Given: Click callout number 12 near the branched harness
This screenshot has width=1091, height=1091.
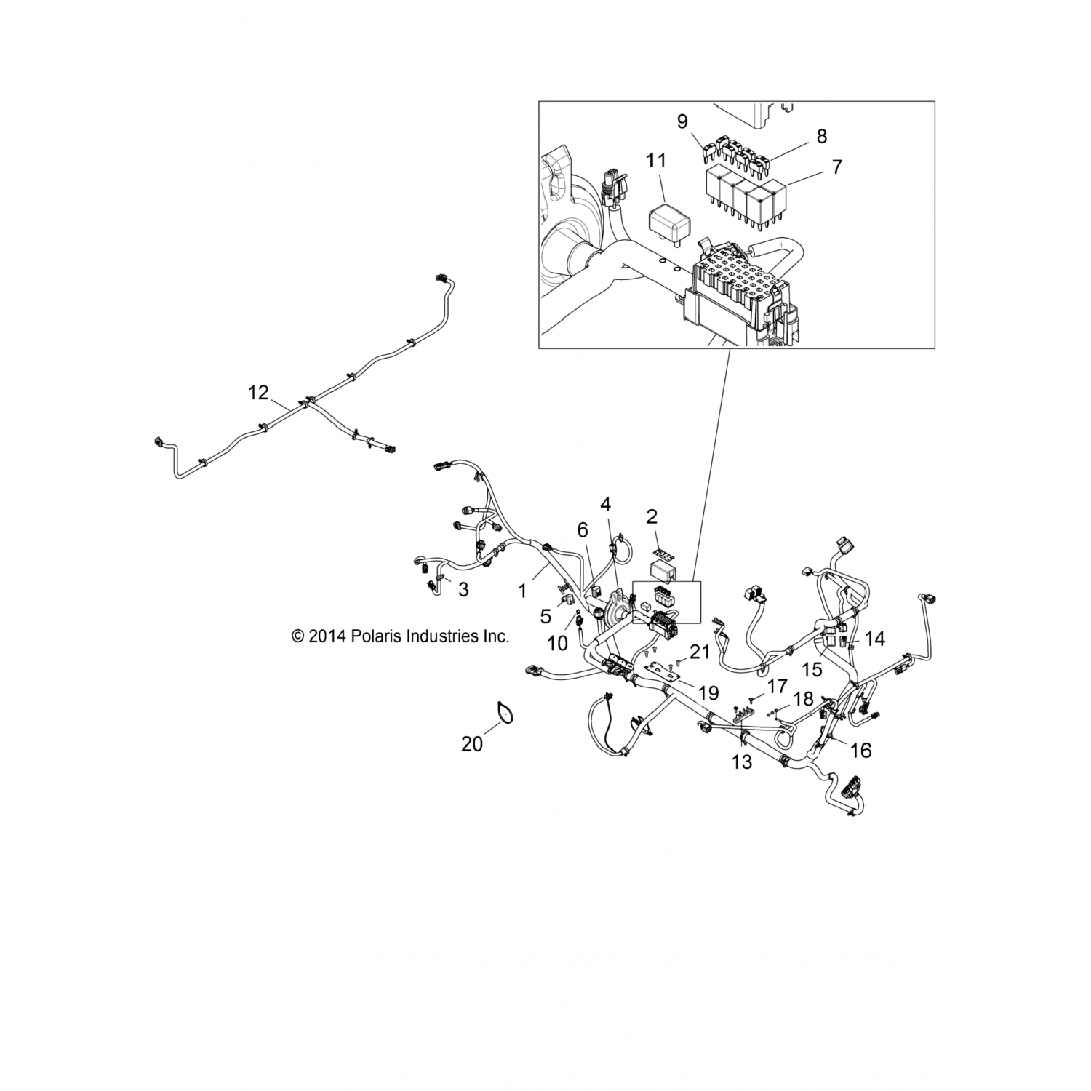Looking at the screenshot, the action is point(258,393).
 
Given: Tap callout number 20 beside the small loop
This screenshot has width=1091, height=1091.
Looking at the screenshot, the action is point(472,744).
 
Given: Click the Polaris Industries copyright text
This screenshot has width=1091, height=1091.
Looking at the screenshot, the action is point(400,636).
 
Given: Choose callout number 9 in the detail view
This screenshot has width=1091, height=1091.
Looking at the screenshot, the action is point(682,121).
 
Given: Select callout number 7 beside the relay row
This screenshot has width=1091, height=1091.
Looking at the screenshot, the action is point(836,167).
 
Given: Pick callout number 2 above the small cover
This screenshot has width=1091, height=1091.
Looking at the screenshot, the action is point(652,517).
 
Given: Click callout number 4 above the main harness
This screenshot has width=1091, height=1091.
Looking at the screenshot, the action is point(605,504).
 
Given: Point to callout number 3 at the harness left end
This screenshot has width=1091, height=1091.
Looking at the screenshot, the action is point(463,589).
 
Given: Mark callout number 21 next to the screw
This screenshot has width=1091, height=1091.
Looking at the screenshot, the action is point(699,652).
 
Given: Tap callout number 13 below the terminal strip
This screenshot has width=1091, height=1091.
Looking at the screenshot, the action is point(741,762).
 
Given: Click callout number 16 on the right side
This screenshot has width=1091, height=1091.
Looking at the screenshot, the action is point(860,750).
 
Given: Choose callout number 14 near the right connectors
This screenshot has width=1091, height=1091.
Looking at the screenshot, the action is point(875,639).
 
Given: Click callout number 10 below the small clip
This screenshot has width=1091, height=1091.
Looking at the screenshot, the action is point(557,643).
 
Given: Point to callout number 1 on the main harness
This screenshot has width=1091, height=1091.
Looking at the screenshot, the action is point(521,591).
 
